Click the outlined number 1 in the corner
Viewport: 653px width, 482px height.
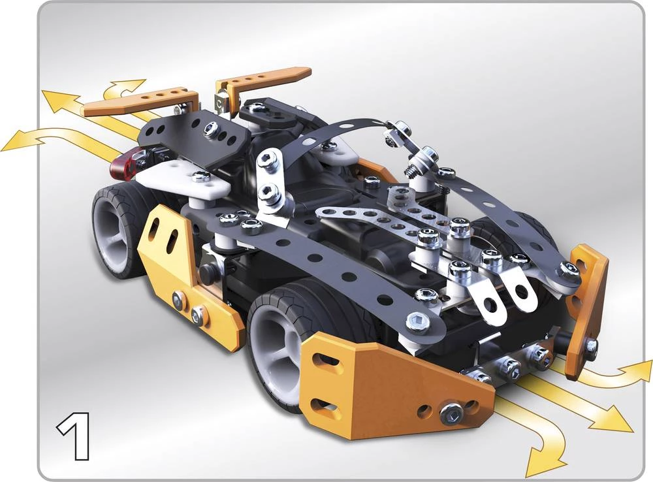click(x=73, y=436)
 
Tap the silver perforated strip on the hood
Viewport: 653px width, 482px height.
click(x=372, y=215)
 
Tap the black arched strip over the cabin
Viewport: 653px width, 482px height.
click(x=340, y=131)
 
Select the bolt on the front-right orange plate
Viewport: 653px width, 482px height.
click(x=590, y=345)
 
